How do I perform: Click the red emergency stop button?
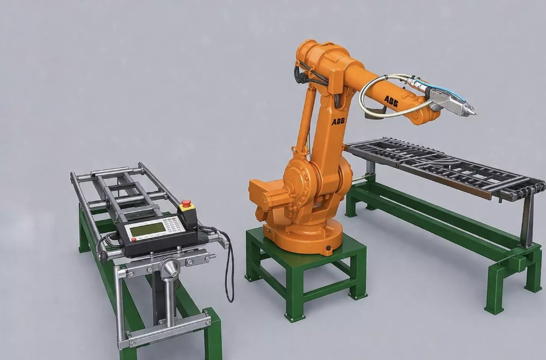[x=187, y=204]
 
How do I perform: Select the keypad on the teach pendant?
[x=174, y=224]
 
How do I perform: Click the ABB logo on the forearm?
[x=391, y=101]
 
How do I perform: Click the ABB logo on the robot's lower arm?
[x=338, y=121]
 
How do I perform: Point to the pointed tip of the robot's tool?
[x=475, y=113]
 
